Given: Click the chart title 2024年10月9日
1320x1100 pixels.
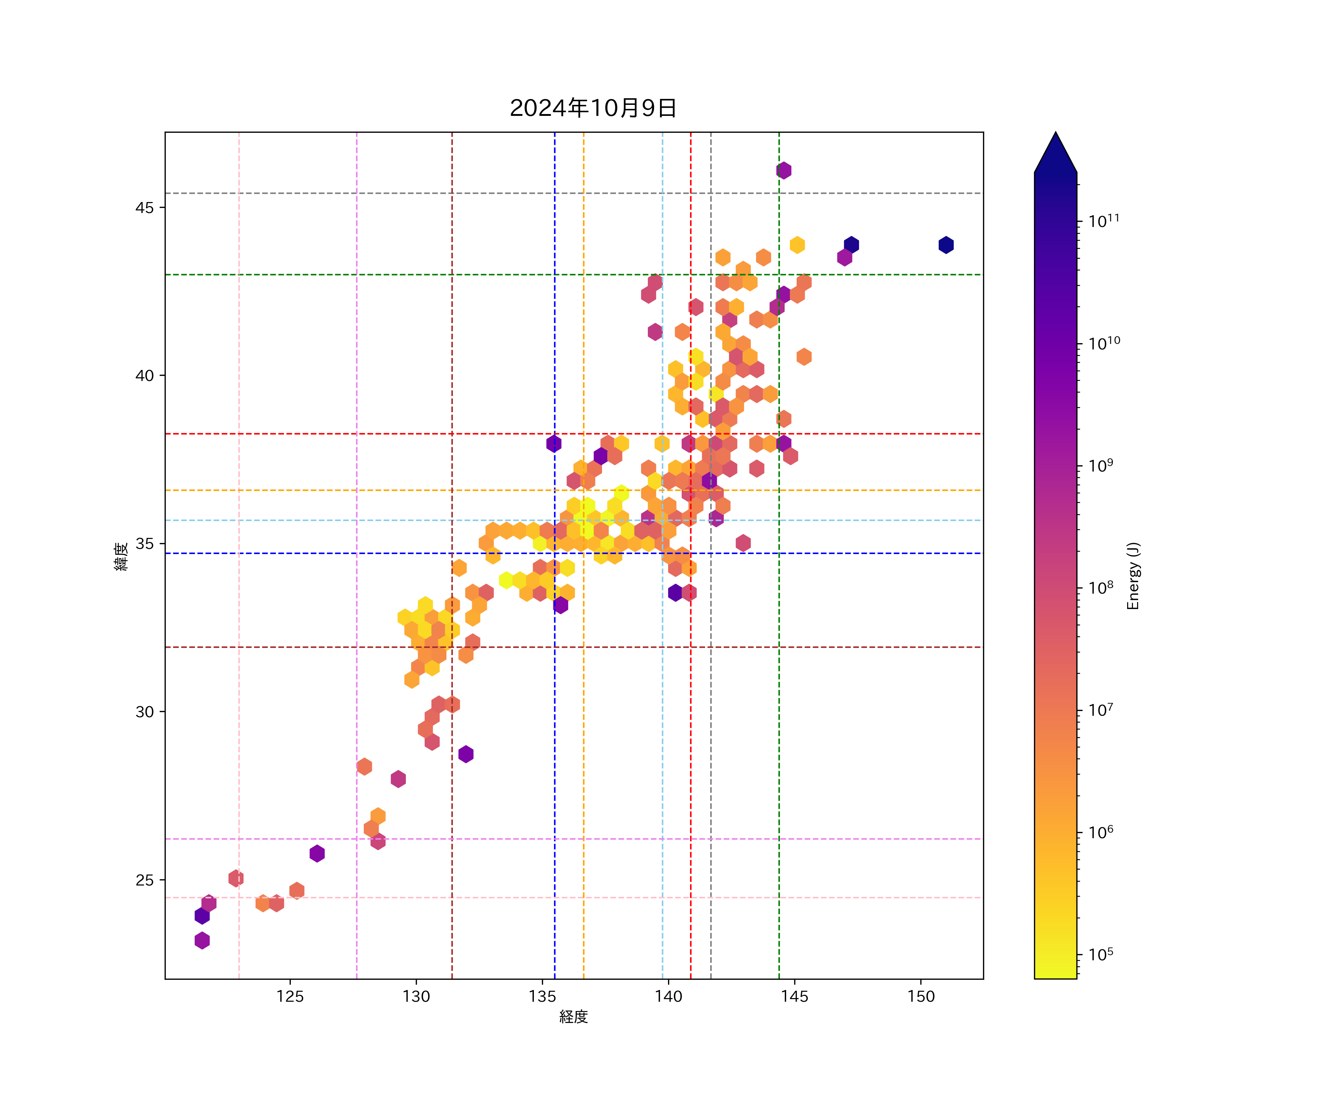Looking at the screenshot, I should (x=593, y=108).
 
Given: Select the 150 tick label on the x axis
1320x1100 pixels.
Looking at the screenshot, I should (x=921, y=996).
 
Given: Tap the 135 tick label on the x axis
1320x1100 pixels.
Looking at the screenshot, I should (x=542, y=996).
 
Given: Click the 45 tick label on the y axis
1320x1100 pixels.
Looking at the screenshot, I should (x=144, y=208).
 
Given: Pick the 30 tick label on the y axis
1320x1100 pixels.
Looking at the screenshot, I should (x=144, y=712).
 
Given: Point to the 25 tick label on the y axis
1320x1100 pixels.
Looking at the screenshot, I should (x=144, y=880).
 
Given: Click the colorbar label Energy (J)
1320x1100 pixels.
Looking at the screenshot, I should (x=1133, y=576).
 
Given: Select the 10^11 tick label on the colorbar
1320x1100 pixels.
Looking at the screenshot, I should (x=1104, y=221).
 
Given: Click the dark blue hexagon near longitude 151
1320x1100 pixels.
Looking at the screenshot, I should (x=946, y=245).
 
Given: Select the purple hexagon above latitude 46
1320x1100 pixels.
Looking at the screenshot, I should (x=783, y=170).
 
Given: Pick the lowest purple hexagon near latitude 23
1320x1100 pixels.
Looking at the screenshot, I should (x=202, y=941).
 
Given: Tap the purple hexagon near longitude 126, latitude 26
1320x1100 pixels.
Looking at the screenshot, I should (x=317, y=854).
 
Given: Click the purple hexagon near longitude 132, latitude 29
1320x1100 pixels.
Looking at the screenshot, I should (x=466, y=754).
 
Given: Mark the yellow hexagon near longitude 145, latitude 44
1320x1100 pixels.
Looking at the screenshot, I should (x=797, y=245).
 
